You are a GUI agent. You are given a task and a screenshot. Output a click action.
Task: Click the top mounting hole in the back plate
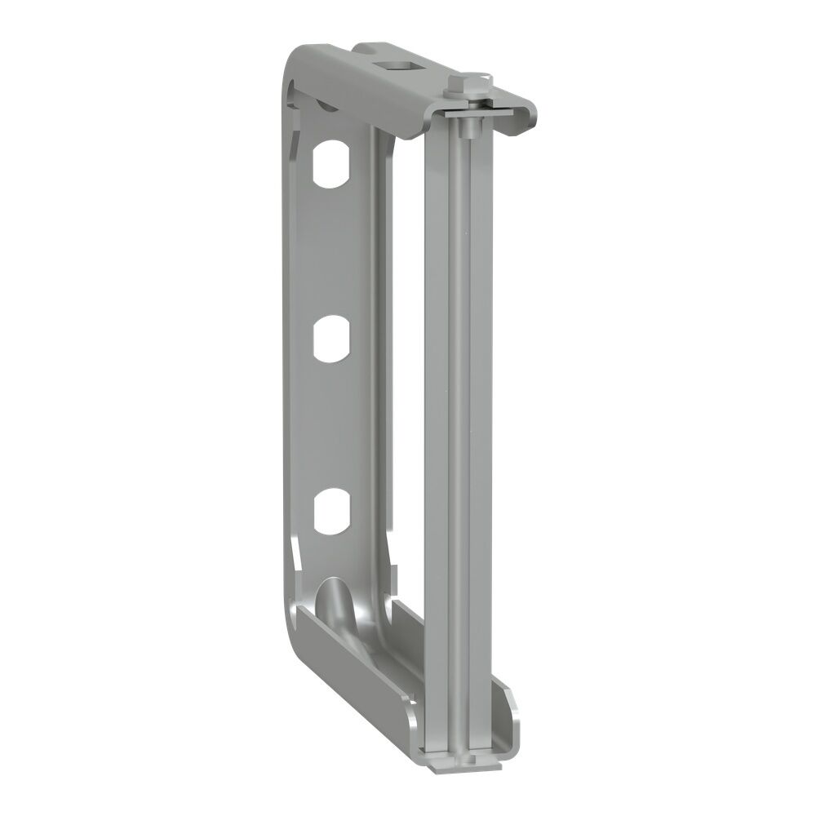(331, 164)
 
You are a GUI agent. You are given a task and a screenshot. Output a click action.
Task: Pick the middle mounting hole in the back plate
(331, 339)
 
